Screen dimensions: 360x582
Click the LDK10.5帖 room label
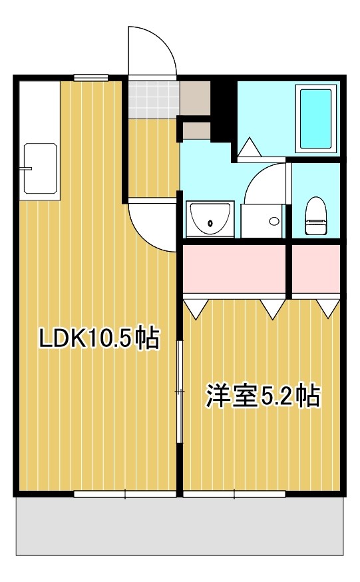(99, 338)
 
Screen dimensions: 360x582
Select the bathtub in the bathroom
(316, 119)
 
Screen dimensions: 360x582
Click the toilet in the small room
(315, 216)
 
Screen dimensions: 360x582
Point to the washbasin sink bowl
(210, 219)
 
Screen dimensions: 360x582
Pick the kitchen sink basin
(40, 168)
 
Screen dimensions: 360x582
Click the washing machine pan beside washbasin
(262, 221)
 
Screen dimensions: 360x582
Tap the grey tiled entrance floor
(154, 99)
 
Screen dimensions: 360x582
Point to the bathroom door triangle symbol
(250, 147)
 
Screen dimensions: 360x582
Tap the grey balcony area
(180, 526)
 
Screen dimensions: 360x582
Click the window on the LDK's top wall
(91, 77)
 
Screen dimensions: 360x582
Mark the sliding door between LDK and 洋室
(180, 392)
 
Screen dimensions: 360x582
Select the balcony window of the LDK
(125, 494)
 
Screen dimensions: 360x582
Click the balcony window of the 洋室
(234, 494)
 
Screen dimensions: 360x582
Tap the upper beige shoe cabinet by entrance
(195, 98)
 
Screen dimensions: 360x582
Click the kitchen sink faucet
(27, 169)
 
